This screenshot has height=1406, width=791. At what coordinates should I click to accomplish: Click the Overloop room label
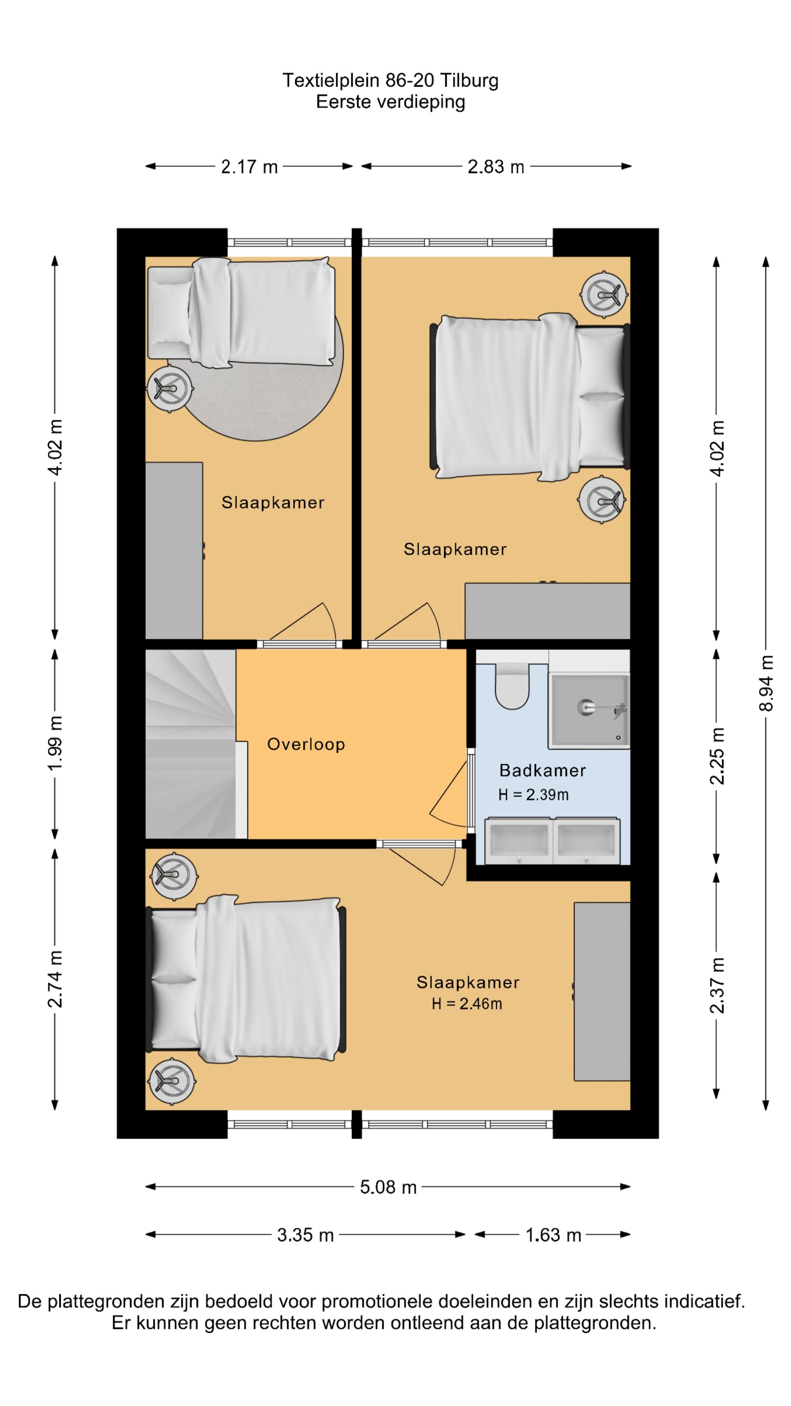coord(306,744)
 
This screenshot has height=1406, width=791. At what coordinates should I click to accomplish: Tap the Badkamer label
coord(542,771)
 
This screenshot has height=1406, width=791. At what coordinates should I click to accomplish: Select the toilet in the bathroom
coord(512,685)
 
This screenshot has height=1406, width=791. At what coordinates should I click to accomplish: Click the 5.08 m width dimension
coord(388,1187)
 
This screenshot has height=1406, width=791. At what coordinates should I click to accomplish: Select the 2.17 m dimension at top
coord(249,167)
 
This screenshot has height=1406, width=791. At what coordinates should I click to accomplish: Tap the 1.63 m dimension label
coord(553,1235)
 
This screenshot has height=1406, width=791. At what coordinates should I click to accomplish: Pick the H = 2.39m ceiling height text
coord(533,795)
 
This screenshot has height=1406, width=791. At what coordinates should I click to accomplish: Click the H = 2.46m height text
coord(467,1004)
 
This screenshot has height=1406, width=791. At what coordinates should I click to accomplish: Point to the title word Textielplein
coord(331,81)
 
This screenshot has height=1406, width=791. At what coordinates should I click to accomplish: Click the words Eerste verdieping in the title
coord(390,102)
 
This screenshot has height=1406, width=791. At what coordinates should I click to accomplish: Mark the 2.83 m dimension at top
coord(496,167)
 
